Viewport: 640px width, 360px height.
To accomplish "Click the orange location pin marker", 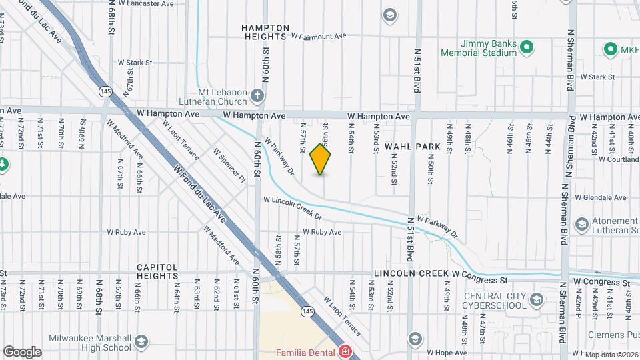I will pyautogui.click(x=321, y=159).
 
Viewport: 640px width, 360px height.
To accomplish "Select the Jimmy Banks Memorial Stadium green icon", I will pyautogui.click(x=526, y=47).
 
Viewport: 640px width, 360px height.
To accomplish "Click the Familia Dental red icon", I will pyautogui.click(x=345, y=351).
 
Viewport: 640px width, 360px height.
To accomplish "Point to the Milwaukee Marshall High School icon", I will pyautogui.click(x=141, y=342).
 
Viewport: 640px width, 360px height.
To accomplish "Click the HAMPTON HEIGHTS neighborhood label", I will pyautogui.click(x=266, y=32).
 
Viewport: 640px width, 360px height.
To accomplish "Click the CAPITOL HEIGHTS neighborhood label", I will pyautogui.click(x=157, y=271).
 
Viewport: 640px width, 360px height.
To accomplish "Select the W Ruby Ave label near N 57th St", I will pyautogui.click(x=322, y=232).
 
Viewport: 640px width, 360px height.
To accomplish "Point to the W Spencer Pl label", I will pyautogui.click(x=229, y=164).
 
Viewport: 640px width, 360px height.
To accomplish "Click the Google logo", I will pyautogui.click(x=22, y=351).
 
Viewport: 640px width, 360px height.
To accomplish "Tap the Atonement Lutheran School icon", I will pyautogui.click(x=581, y=223).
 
